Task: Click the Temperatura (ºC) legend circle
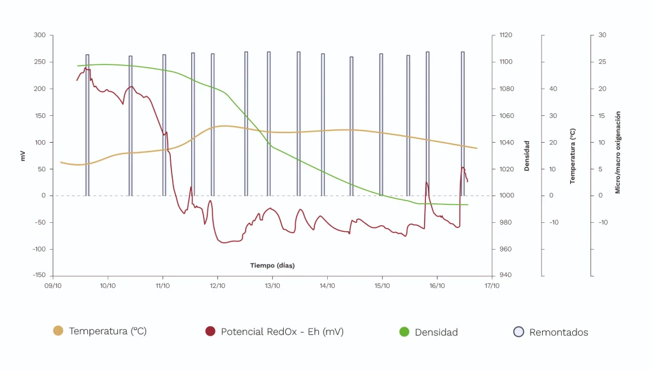coord(58,331)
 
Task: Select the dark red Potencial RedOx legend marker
coord(210,331)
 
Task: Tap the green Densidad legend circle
coord(404,332)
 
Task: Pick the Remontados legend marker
coord(518,332)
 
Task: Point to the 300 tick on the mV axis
coord(40,35)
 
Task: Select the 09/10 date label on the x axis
coord(53,286)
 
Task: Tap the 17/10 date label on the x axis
coord(492,286)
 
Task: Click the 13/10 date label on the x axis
coord(272,286)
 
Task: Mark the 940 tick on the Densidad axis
coord(504,276)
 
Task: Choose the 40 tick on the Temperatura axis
coord(553,89)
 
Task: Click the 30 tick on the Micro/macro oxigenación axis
coord(602,35)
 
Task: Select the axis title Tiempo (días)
coord(272,265)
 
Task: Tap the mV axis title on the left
coord(23,155)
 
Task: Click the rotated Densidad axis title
coord(527,155)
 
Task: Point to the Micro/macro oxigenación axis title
coord(617,152)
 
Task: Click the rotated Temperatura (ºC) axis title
coord(573,155)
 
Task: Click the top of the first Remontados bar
coord(87,55)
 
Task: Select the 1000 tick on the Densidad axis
coord(506,196)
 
